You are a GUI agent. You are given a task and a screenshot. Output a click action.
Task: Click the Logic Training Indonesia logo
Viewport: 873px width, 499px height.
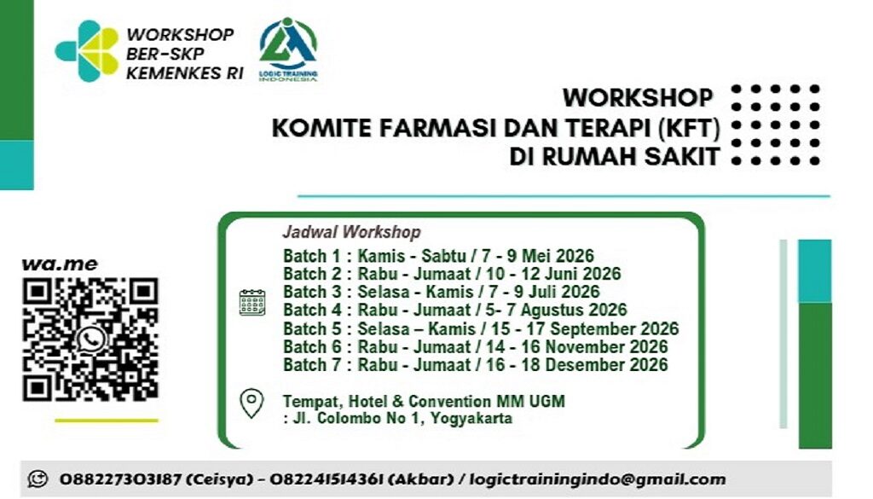tap(288, 49)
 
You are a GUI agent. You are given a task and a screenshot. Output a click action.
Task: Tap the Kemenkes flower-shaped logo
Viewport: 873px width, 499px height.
tap(87, 50)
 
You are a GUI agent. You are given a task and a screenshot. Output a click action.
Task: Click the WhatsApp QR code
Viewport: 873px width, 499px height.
tap(90, 339)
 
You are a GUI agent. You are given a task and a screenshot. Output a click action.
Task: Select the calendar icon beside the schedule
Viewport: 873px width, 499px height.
tap(252, 302)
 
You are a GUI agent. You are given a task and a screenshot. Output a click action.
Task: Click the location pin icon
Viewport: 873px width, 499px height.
tap(251, 403)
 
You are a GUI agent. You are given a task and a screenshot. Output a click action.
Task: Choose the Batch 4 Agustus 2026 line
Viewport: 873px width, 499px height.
tap(454, 310)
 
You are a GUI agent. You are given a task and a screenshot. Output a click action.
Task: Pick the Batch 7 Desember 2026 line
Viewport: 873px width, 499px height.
tap(475, 365)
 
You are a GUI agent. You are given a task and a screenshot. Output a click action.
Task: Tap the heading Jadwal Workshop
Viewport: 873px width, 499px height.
tap(351, 232)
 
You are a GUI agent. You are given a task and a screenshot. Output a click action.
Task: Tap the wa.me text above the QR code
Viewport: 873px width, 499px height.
tap(59, 264)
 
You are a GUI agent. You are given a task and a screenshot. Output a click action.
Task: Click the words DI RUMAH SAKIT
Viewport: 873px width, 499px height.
tap(614, 158)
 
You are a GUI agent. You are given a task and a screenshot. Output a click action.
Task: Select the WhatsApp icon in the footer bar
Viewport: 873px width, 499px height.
tap(37, 479)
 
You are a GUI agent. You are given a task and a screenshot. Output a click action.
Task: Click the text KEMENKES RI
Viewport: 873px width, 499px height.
tap(184, 73)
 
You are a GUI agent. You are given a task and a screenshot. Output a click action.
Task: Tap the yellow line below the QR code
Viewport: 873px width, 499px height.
tap(106, 420)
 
